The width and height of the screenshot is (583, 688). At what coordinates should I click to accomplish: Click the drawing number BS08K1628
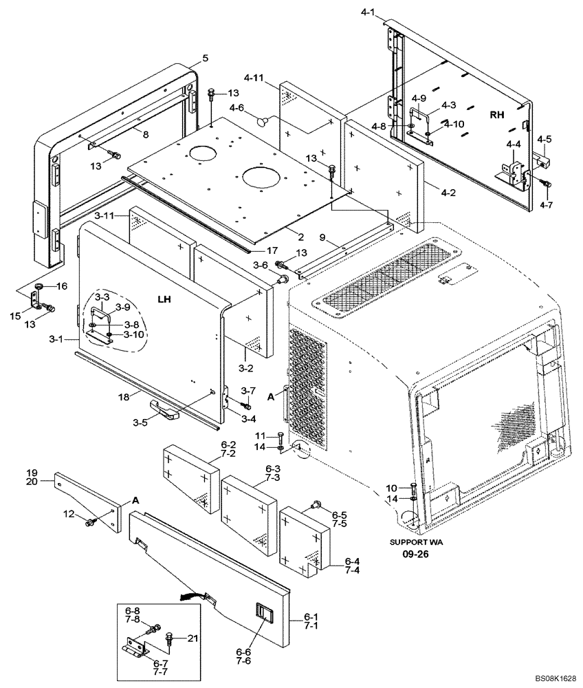547,677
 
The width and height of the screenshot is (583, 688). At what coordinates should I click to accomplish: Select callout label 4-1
368,12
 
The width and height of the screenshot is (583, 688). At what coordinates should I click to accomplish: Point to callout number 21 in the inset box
193,638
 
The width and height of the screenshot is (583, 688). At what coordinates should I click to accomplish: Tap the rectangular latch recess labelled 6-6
264,612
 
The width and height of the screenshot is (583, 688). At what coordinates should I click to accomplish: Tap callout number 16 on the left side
61,286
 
